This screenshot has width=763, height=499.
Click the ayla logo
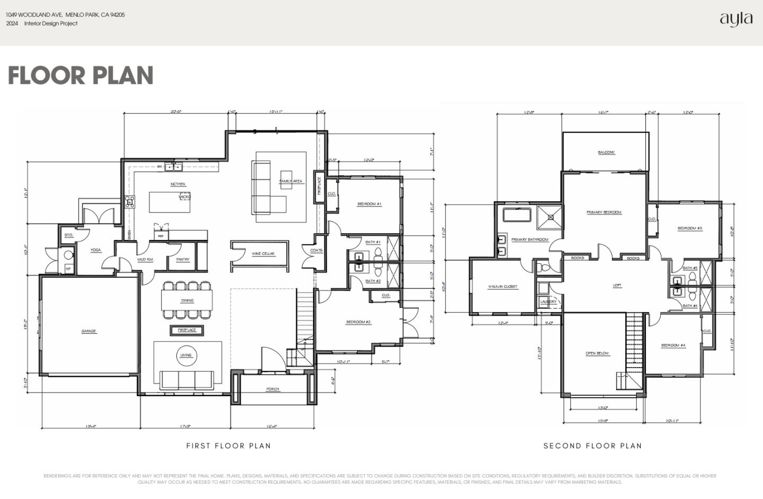736,19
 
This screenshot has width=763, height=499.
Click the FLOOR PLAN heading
81,75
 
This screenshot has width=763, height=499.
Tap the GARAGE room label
88,331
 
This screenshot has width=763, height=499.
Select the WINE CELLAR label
263,254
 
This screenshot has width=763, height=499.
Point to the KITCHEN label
178,184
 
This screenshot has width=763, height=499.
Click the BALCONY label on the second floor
606,153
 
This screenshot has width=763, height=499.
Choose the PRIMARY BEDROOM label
604,212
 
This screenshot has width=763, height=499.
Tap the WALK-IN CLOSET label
503,287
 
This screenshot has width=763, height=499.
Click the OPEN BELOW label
597,353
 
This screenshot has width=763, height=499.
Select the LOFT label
617,286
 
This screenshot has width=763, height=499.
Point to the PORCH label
272,389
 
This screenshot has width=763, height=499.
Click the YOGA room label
95,250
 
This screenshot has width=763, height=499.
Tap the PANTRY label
182,260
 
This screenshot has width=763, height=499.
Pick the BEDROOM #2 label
358,322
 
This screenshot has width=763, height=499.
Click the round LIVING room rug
186,355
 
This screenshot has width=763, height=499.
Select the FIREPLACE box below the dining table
187,330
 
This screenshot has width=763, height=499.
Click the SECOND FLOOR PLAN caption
592,446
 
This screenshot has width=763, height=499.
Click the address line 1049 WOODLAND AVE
65,15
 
